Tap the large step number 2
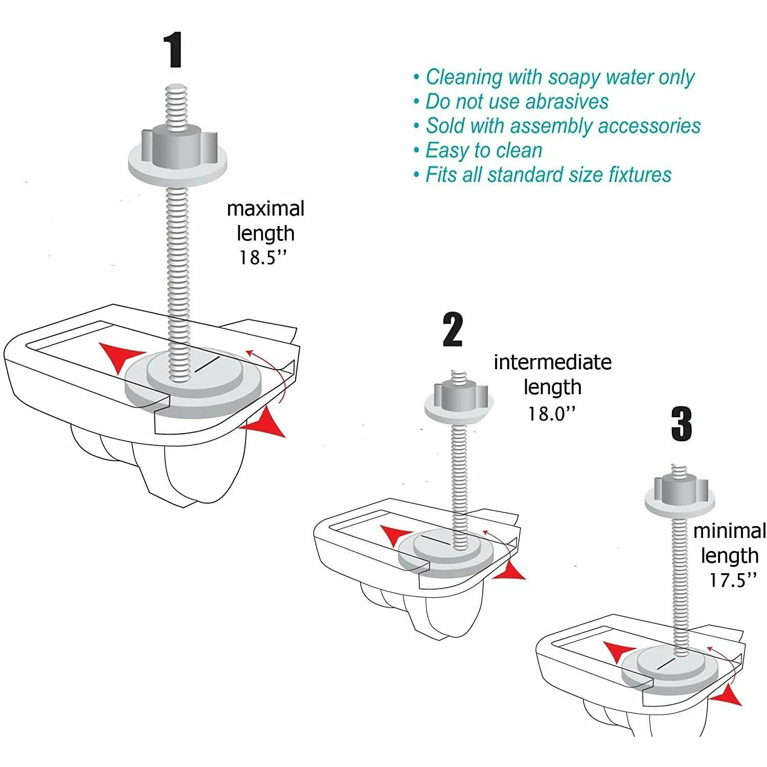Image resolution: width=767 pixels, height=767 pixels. [453, 330]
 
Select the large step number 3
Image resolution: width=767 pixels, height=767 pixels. [681, 424]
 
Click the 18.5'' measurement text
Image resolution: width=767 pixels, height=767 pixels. [263, 258]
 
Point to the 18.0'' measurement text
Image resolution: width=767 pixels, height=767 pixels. [551, 414]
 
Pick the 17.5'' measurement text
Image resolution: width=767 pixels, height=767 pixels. [732, 580]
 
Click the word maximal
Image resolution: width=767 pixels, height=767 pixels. [265, 209]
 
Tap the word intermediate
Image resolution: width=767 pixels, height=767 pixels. [552, 363]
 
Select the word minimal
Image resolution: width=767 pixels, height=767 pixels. [729, 531]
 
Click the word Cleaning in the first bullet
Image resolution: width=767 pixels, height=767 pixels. [463, 77]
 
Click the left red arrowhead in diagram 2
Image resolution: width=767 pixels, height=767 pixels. [395, 534]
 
